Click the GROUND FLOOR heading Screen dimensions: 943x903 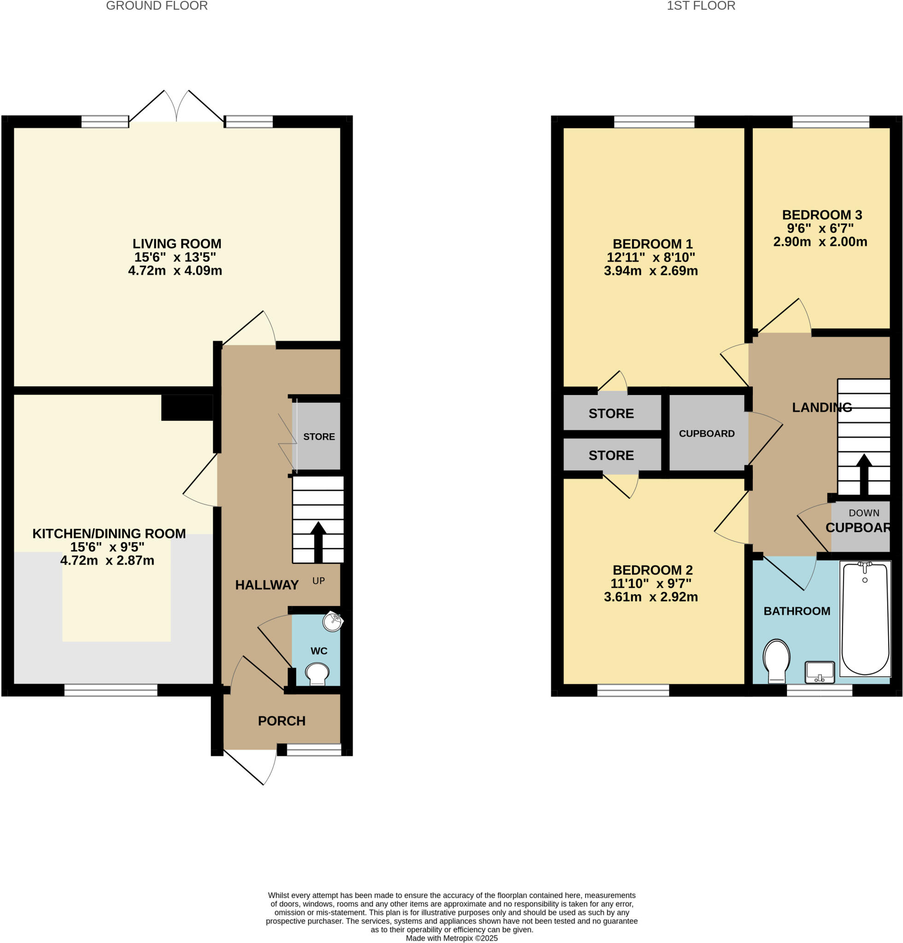click(x=157, y=6)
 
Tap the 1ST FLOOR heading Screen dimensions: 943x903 click(x=700, y=6)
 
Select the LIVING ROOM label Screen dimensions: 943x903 click(x=176, y=244)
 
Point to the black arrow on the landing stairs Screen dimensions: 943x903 click(x=864, y=474)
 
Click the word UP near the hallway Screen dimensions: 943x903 click(x=319, y=581)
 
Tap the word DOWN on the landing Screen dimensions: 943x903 click(x=863, y=513)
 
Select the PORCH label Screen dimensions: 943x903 click(x=281, y=721)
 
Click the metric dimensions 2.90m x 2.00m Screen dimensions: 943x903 click(x=820, y=242)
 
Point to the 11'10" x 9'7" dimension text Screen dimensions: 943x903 click(x=651, y=583)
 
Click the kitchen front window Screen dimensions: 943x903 click(x=111, y=690)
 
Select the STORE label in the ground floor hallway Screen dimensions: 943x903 click(x=319, y=437)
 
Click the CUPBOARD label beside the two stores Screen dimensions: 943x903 click(x=706, y=433)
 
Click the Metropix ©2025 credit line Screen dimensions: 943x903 click(x=451, y=938)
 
